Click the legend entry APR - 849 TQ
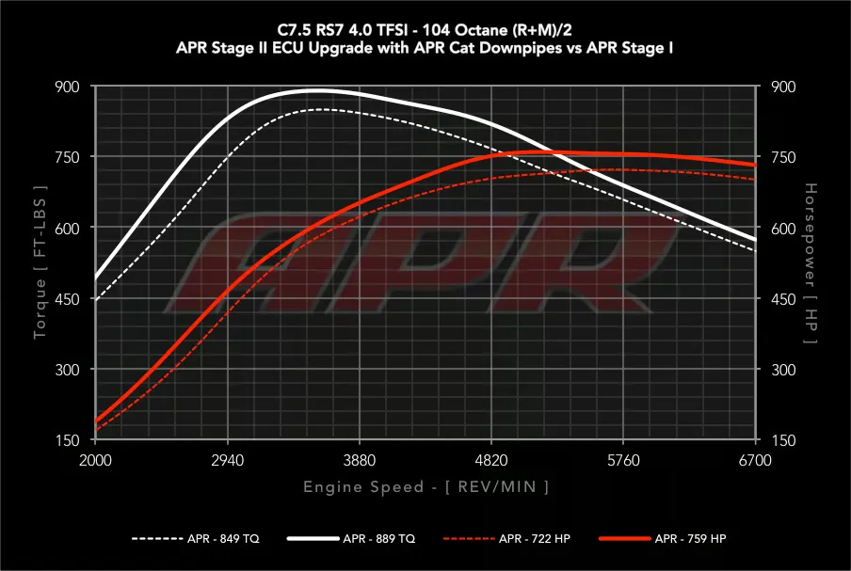pos(196,538)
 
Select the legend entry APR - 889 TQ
pos(351,538)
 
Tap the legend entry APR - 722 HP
pos(506,538)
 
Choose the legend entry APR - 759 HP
pos(663,538)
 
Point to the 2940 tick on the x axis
pos(228,460)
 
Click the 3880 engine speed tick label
pos(360,460)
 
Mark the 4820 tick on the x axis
pos(491,460)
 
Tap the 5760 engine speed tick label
pos(623,460)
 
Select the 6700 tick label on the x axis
pos(755,460)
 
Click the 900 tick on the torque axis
pos(67,87)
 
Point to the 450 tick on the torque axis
pos(67,299)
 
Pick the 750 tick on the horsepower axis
pos(784,157)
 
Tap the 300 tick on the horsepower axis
pos(784,370)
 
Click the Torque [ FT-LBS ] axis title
pos(40,262)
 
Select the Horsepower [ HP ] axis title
pos(811,263)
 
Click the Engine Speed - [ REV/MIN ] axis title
pos(426,486)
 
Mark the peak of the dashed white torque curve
pos(320,109)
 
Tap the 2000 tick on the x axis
pos(95,460)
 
